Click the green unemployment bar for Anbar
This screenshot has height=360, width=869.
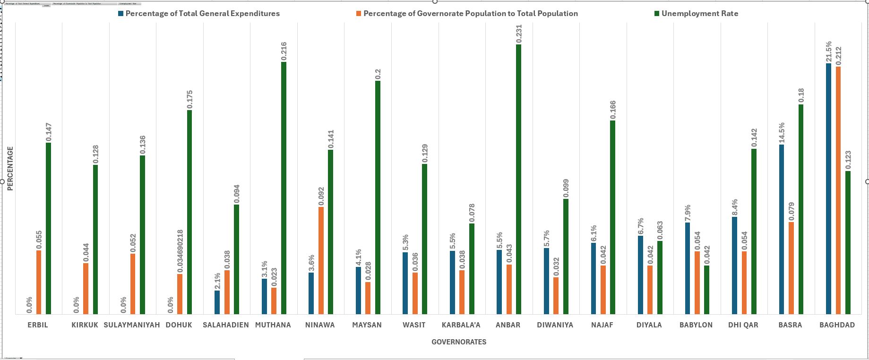click(518, 180)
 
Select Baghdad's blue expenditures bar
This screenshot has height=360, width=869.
click(828, 189)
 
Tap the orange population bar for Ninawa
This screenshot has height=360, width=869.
click(321, 260)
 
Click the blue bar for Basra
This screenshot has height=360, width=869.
click(782, 229)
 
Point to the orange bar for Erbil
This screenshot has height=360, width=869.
click(39, 282)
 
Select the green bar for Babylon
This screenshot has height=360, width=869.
click(706, 290)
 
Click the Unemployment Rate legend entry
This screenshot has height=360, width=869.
click(699, 14)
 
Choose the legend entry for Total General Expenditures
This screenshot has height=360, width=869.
click(202, 14)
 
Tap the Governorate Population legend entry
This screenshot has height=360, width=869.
click(470, 14)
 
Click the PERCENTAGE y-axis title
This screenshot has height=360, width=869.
click(10, 169)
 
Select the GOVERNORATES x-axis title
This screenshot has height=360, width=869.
click(458, 342)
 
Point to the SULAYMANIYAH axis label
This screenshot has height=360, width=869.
click(132, 325)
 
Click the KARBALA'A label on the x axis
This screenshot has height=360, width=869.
click(461, 325)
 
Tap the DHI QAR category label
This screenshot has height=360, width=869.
click(743, 325)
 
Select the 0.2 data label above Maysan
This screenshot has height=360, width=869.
click(378, 74)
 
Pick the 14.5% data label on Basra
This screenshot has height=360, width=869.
click(782, 132)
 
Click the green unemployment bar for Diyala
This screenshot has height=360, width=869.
click(660, 277)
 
